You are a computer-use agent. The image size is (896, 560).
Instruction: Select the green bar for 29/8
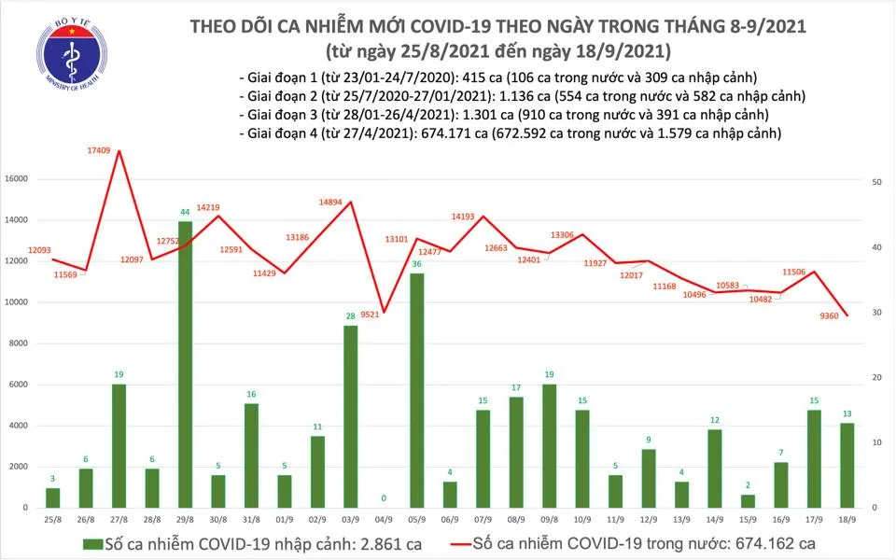[x=185, y=364]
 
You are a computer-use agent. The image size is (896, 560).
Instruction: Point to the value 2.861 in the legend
[x=374, y=543]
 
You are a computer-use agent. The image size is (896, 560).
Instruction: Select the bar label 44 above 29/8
[x=185, y=212]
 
